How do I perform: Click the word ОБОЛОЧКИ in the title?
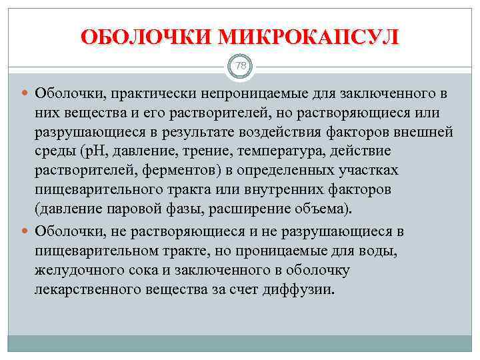[145, 37]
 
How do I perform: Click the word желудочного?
[79, 271]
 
